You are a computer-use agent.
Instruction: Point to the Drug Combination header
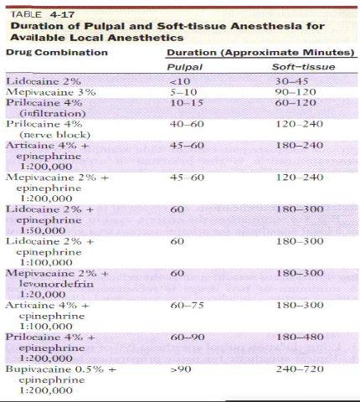pyautogui.click(x=58, y=53)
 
